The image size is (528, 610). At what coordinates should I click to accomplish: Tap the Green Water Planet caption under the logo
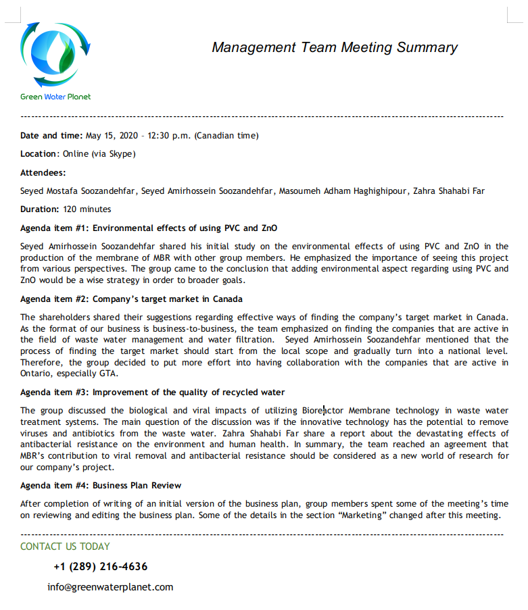[x=55, y=97]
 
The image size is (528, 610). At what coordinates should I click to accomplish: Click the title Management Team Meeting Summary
[x=335, y=47]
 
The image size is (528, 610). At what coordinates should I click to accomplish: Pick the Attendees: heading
[x=43, y=172]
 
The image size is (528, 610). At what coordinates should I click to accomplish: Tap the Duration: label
[x=39, y=209]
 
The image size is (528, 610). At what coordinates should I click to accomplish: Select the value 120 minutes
[x=87, y=209]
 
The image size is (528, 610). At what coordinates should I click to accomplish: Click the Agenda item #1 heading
[x=149, y=228]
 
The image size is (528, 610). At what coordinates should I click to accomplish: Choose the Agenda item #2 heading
[x=131, y=299]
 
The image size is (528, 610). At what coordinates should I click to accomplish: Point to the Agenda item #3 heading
[x=152, y=392]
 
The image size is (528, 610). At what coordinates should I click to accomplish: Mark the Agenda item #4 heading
[x=101, y=486]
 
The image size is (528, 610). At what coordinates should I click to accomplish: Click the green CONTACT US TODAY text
[x=65, y=547]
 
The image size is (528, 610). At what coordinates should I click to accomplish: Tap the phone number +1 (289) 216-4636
[x=100, y=567]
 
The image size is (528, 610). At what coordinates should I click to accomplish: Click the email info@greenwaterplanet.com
[x=110, y=587]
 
